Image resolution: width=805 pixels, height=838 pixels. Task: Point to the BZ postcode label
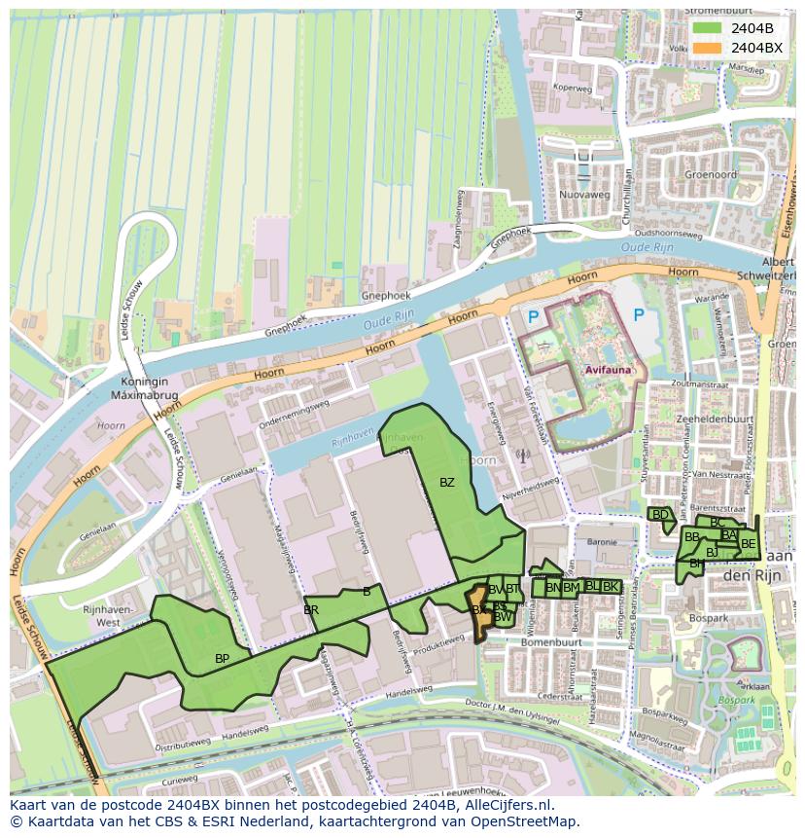(x=446, y=483)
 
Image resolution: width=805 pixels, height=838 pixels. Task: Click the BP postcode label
(x=222, y=659)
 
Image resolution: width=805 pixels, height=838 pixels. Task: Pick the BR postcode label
(x=311, y=610)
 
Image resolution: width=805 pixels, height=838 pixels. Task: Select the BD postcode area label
(x=660, y=515)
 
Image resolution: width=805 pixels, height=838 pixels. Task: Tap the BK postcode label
(x=611, y=586)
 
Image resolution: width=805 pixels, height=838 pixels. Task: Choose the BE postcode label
(x=748, y=544)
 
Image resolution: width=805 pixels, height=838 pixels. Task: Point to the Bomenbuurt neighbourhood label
(x=550, y=643)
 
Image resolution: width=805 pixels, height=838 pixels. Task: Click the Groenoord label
(x=710, y=175)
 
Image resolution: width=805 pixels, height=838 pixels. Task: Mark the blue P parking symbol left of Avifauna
(x=532, y=317)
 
